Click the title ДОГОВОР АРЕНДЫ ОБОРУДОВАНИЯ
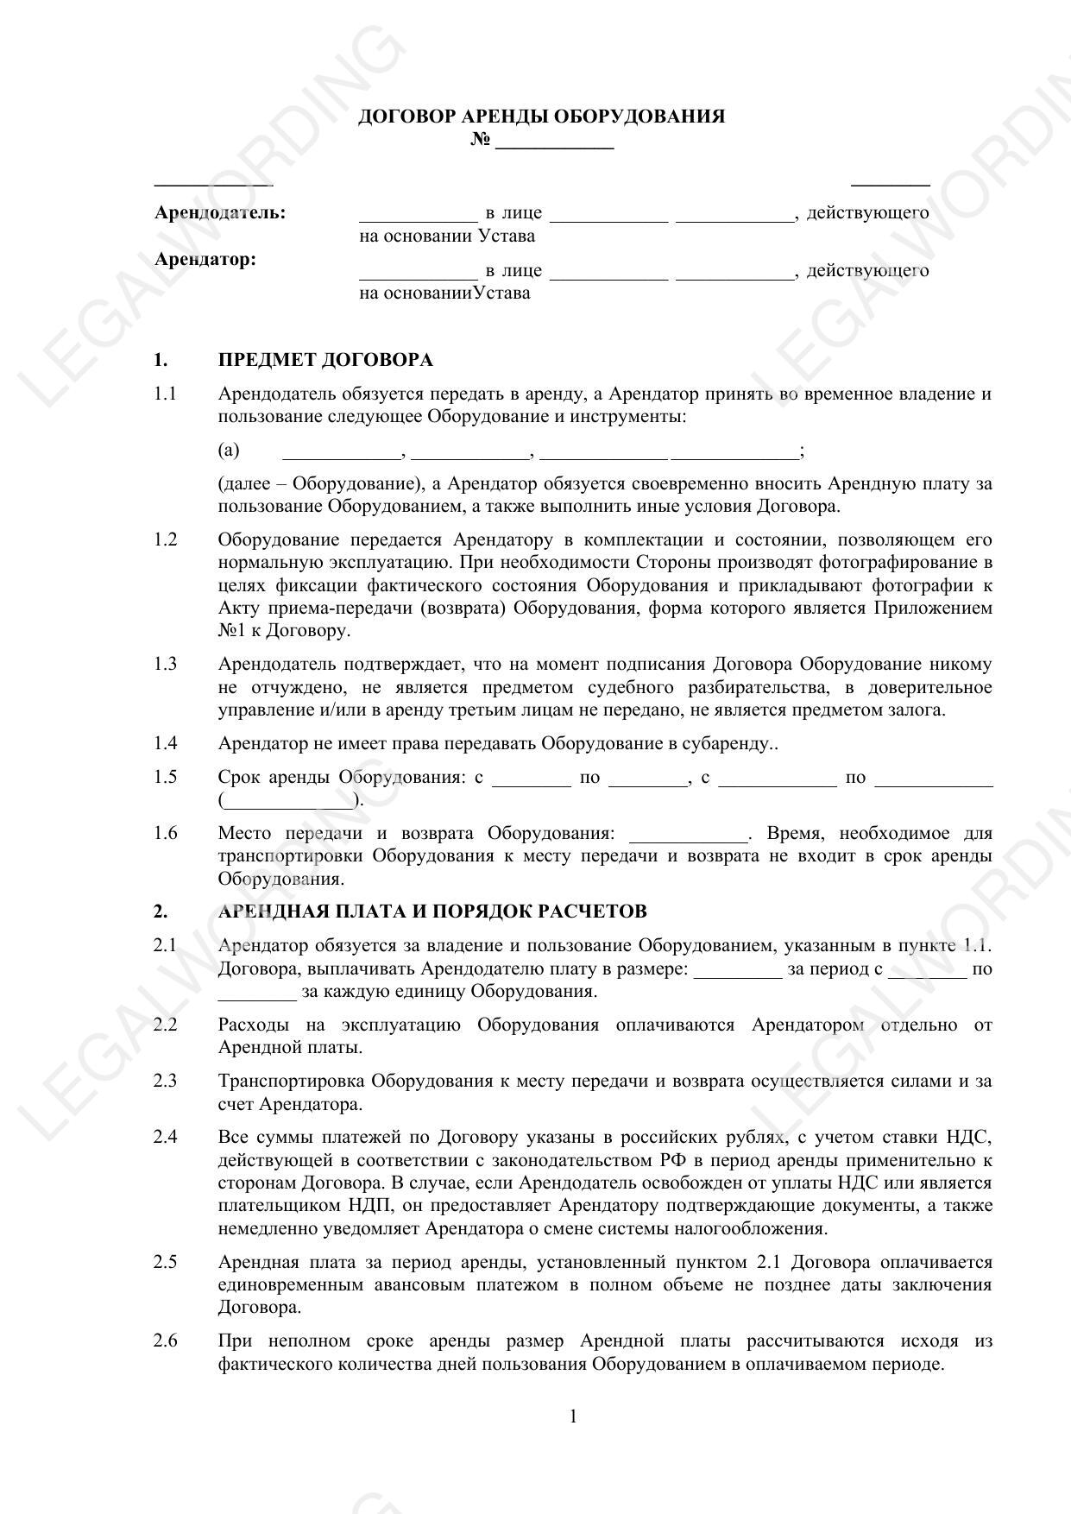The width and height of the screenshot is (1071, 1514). pos(541,117)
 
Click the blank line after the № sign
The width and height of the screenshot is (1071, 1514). pos(554,143)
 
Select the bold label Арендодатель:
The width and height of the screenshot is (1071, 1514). pos(220,212)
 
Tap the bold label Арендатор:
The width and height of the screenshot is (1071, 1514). pos(205,259)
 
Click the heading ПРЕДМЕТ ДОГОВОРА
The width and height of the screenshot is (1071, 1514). pos(325,360)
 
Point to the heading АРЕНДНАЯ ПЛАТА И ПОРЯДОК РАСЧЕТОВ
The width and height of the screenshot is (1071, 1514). pos(432,912)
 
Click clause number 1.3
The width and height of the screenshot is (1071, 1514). pos(166,664)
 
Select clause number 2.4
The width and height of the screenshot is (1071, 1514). pos(166,1137)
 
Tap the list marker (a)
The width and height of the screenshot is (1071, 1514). pos(229,451)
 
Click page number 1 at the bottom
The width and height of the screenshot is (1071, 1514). pos(573,1416)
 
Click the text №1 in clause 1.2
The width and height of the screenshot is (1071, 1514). pos(232,630)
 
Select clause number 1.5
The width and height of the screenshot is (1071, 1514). pos(166,777)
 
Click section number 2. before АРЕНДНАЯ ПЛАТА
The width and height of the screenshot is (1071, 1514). pos(161,912)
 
